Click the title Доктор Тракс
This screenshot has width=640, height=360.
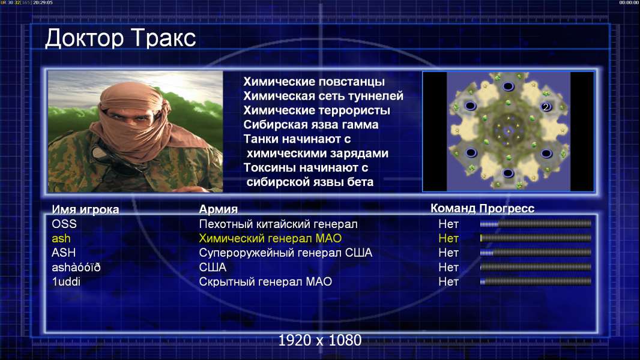pyautogui.click(x=121, y=38)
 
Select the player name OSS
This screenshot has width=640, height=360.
pyautogui.click(x=64, y=224)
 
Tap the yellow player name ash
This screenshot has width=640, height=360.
pyautogui.click(x=61, y=239)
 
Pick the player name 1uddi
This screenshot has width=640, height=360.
pyautogui.click(x=66, y=282)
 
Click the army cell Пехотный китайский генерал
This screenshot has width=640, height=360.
pyautogui.click(x=279, y=224)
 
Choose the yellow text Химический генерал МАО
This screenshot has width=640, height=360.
pyautogui.click(x=270, y=239)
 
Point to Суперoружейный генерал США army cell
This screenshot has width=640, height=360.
pyautogui.click(x=286, y=253)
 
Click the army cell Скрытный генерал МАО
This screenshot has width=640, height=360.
pyautogui.click(x=265, y=282)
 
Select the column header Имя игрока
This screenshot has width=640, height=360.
pyautogui.click(x=85, y=209)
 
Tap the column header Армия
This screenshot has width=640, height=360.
pyautogui.click(x=219, y=209)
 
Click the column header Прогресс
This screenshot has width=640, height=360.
pyautogui.click(x=507, y=209)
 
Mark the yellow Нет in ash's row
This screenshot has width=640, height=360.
pyautogui.click(x=448, y=239)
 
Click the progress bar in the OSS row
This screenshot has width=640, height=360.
pyautogui.click(x=536, y=223)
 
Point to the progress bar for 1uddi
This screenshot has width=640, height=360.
pyautogui.click(x=536, y=281)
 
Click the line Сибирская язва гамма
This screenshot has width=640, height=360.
pyautogui.click(x=311, y=125)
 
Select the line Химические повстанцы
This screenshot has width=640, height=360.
pyautogui.click(x=314, y=82)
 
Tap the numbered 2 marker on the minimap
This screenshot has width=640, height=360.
pyautogui.click(x=546, y=107)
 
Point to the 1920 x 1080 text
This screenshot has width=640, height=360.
pyautogui.click(x=320, y=340)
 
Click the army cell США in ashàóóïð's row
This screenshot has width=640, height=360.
pyautogui.click(x=213, y=268)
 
